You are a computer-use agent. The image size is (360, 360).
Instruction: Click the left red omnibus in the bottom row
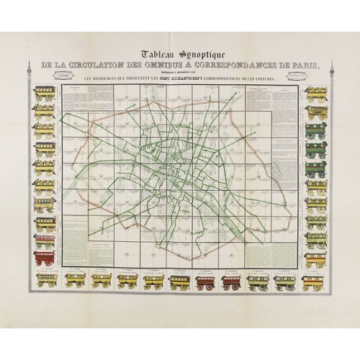pos(205,281)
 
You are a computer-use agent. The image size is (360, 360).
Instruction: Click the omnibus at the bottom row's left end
pos(47,281)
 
